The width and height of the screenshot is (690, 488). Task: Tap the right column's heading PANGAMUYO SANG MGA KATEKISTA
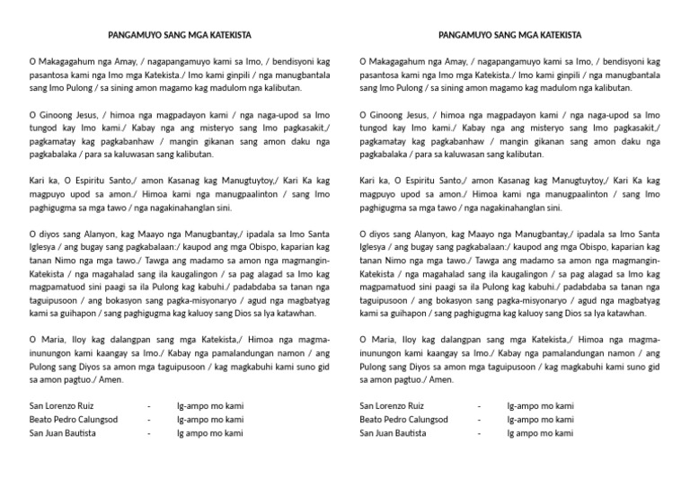point(510,35)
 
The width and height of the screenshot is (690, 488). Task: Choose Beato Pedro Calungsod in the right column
point(403,420)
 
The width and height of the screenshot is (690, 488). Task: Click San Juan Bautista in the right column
point(390,433)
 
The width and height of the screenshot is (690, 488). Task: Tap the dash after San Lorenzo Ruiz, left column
point(149,406)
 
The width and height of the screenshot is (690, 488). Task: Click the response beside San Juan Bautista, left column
point(209,433)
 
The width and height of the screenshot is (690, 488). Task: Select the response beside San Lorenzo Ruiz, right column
point(541,406)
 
